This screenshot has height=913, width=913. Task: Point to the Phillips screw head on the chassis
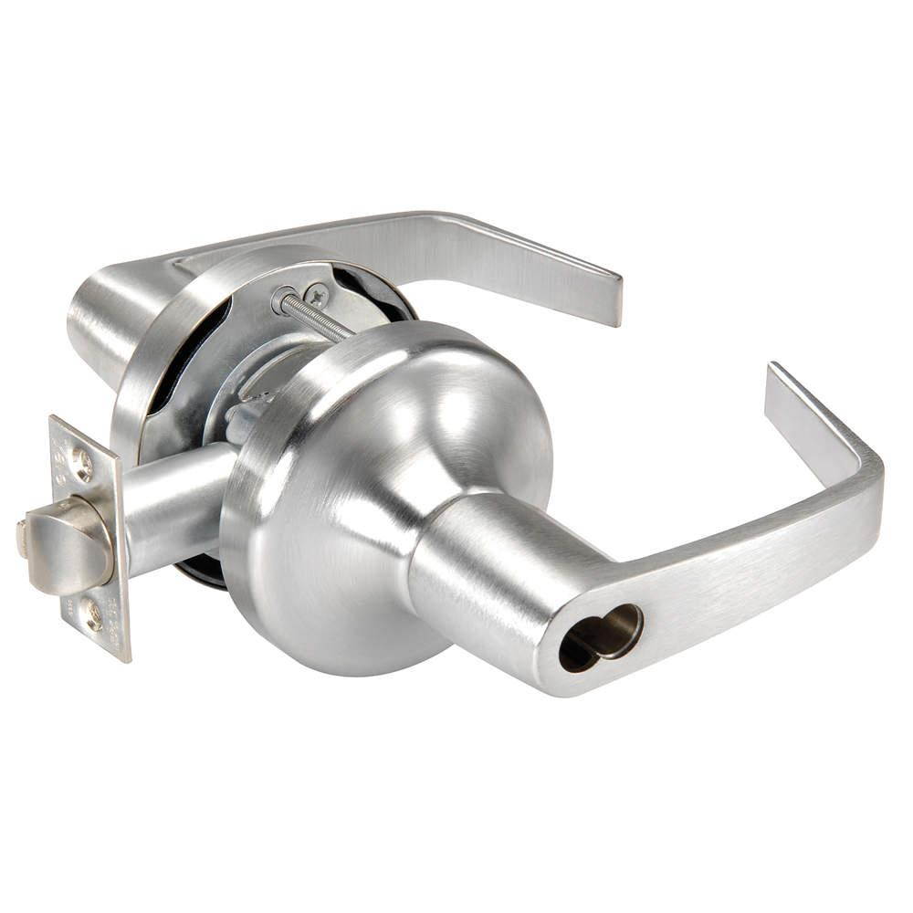[x=317, y=294]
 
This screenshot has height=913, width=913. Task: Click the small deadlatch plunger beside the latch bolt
[x=22, y=539]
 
